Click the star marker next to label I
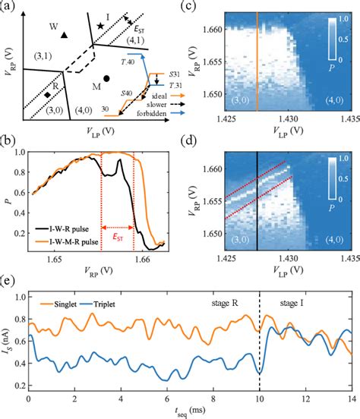[x=99, y=27]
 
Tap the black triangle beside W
[x=65, y=34]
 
